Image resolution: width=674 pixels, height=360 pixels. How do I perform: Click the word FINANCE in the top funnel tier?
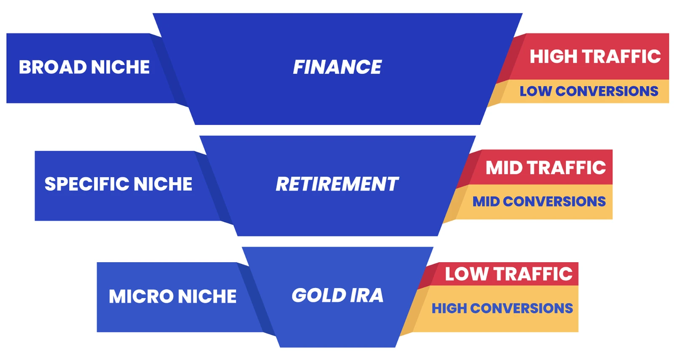point(337,67)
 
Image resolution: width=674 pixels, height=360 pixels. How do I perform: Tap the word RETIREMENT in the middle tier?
point(337,184)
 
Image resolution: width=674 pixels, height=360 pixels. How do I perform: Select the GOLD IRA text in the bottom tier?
point(337,295)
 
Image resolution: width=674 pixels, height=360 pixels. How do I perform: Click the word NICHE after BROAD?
point(120,67)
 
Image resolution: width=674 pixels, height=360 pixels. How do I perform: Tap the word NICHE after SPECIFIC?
point(163,184)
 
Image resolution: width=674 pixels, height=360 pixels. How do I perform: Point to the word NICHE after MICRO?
point(207,296)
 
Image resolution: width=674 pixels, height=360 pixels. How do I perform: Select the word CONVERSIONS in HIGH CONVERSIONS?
point(522,308)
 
